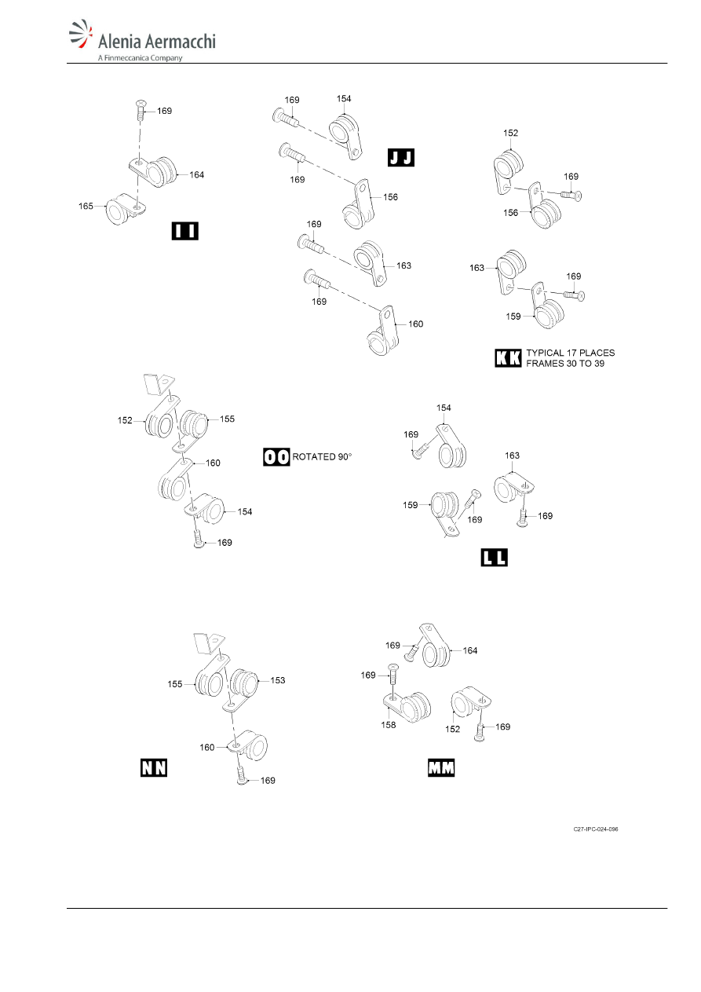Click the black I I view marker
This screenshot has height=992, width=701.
[185, 231]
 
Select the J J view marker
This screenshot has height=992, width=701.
[401, 157]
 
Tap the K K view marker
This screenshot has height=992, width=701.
[508, 358]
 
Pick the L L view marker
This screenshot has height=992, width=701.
[495, 557]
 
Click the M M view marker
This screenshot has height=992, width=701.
[441, 767]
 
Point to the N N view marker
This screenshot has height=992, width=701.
[154, 767]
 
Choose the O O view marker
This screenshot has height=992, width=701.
[276, 456]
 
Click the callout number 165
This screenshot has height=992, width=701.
[86, 206]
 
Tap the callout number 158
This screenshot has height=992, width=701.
[389, 725]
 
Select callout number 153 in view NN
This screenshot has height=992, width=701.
[278, 680]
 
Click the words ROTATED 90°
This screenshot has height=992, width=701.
[322, 456]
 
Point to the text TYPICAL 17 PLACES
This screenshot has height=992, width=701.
[571, 353]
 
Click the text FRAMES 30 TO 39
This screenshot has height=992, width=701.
[565, 364]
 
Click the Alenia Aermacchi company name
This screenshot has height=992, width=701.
[157, 41]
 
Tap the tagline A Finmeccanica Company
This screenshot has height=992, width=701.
[140, 57]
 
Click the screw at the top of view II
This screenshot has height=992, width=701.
[141, 111]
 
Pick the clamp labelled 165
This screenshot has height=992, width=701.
[126, 210]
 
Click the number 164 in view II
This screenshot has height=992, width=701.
[197, 174]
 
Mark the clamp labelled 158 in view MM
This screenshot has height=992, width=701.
[407, 707]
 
